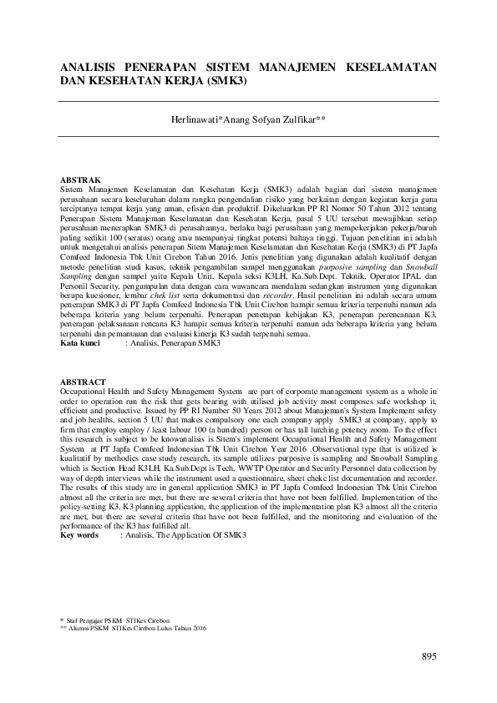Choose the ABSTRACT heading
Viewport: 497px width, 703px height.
pyautogui.click(x=84, y=382)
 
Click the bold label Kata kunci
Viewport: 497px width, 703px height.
pyautogui.click(x=81, y=342)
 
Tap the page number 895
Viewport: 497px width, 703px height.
pyautogui.click(x=429, y=656)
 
